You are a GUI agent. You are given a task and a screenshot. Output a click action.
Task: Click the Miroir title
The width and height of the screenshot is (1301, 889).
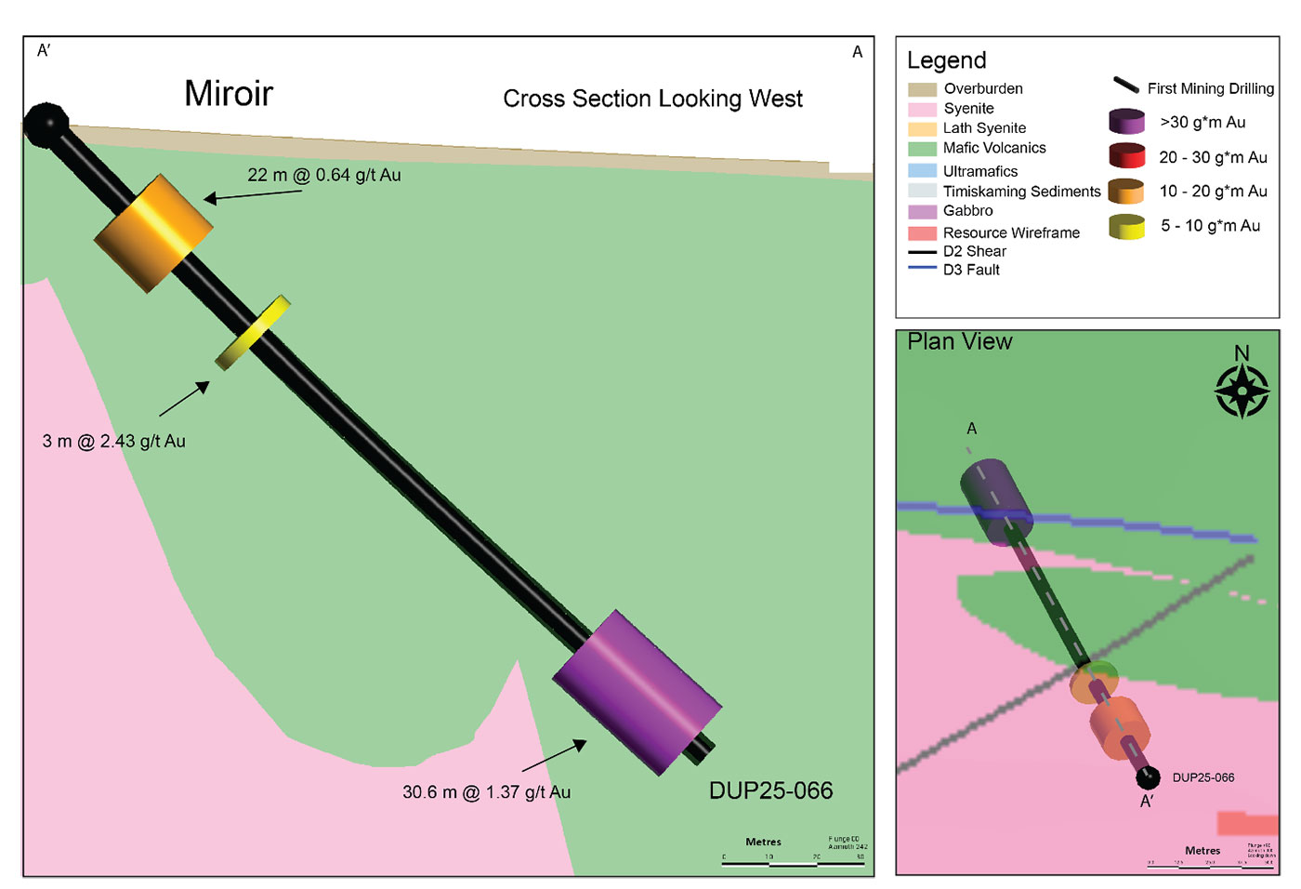(229, 94)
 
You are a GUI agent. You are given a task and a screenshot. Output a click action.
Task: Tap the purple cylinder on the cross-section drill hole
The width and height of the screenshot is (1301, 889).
(637, 692)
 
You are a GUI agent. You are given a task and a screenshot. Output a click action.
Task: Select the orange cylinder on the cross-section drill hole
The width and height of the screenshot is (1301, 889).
(154, 232)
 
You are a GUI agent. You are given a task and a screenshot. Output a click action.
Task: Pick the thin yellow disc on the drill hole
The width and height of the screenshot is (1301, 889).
(253, 332)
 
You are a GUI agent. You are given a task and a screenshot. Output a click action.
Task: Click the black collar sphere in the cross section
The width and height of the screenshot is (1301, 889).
(46, 126)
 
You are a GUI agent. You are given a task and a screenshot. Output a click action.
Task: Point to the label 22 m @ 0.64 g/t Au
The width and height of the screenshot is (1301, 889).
(323, 175)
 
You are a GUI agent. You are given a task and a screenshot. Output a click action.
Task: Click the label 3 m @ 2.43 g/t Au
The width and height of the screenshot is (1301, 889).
(113, 441)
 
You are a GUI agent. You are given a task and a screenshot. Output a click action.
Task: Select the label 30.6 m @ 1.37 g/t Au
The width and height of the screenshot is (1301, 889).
(486, 792)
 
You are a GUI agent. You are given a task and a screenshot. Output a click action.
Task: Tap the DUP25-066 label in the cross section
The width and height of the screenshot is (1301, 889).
(770, 790)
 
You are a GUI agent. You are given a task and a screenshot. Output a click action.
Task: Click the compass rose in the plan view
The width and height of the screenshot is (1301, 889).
(1242, 391)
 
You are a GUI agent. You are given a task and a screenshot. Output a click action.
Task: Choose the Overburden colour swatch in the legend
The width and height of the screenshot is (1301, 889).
(922, 89)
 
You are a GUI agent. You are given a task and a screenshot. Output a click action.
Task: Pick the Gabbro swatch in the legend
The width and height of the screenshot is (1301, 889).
(922, 211)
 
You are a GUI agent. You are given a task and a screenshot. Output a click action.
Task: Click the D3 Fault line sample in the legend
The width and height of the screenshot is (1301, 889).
(922, 269)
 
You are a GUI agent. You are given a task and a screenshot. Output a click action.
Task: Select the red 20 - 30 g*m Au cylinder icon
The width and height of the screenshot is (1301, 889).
(1126, 156)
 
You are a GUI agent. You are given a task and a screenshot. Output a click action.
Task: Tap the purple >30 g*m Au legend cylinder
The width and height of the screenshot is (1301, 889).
(1126, 122)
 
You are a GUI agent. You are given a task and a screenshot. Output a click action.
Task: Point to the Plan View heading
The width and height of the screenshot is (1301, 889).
(959, 342)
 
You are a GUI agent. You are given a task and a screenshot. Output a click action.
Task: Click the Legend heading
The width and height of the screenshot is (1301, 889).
(946, 60)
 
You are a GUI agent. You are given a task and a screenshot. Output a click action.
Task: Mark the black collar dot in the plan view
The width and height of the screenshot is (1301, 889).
(1148, 776)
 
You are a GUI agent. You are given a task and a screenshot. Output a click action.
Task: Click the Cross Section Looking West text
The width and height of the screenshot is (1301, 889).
(652, 99)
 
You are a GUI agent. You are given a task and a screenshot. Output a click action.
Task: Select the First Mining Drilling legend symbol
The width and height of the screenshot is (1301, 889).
(1126, 86)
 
